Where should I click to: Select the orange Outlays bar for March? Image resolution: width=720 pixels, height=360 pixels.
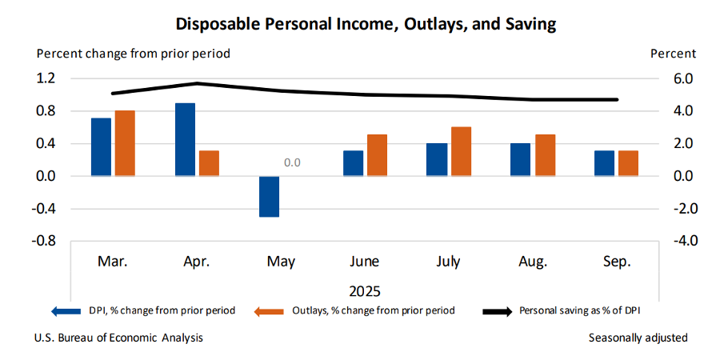pos(124,143)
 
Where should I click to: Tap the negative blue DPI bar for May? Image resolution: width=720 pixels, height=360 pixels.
pos(269,196)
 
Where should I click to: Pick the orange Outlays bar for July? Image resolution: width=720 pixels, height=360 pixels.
pos(461,151)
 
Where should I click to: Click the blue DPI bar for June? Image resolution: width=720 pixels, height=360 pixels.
pos(353,163)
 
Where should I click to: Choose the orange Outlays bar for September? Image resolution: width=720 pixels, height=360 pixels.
pos(629,163)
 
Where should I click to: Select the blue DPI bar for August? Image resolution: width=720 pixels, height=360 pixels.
pos(521,159)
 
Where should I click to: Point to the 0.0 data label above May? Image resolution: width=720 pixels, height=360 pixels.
pos(292,163)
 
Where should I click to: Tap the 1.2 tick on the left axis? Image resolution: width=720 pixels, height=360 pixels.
pos(46,78)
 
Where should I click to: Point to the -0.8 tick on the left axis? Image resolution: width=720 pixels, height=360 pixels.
pos(44,241)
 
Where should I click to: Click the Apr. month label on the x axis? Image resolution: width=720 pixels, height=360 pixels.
pos(197,262)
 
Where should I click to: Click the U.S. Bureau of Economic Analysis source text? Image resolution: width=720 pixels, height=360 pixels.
pos(118,338)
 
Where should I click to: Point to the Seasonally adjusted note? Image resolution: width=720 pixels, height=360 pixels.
pos(638,338)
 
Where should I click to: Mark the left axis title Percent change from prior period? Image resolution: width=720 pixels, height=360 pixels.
pos(134,54)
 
